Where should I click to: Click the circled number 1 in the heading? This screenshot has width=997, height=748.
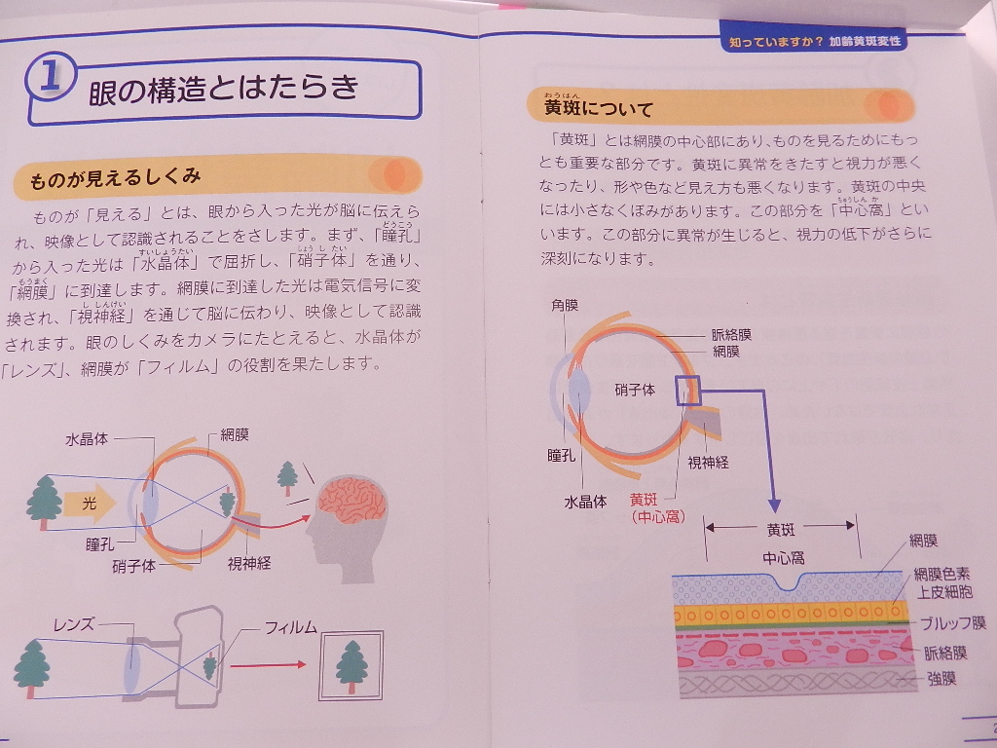point(51,83)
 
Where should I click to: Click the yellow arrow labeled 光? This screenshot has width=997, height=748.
point(90,504)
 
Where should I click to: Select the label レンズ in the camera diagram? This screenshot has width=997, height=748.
point(73,624)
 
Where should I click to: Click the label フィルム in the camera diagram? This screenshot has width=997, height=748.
point(291,628)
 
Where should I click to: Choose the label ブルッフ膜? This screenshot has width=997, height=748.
point(953,623)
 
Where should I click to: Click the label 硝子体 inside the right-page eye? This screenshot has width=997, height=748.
point(635,390)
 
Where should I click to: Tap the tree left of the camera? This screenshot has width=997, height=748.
point(30,669)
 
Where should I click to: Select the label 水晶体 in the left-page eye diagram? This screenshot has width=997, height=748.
point(86,439)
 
